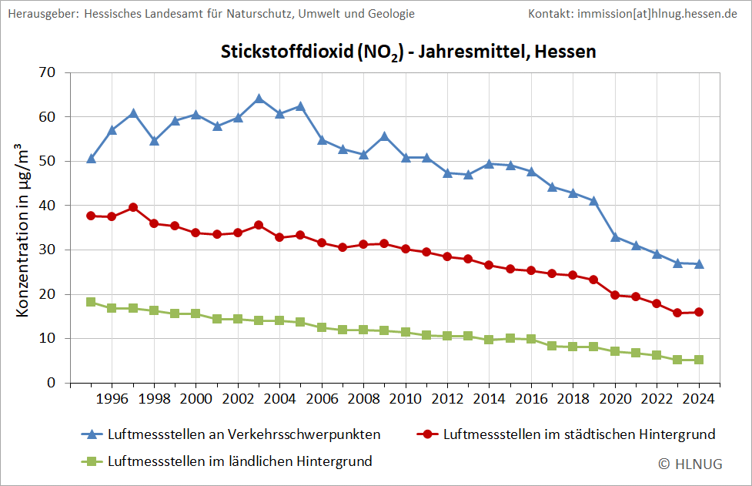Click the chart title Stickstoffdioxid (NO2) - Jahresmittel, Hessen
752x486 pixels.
[x=409, y=52]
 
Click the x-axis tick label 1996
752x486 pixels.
[x=112, y=399]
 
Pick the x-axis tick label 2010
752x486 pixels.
[x=406, y=399]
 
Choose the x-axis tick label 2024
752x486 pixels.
[x=699, y=399]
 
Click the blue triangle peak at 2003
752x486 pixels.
[x=259, y=99]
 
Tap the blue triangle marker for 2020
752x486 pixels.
[x=615, y=237]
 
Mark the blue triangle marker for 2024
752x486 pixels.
[x=699, y=264]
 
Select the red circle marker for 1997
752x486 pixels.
[x=133, y=207]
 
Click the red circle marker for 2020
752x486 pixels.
[x=615, y=295]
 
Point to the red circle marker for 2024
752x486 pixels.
[x=699, y=312]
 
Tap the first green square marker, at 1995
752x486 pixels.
[x=91, y=302]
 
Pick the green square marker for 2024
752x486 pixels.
[x=699, y=360]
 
